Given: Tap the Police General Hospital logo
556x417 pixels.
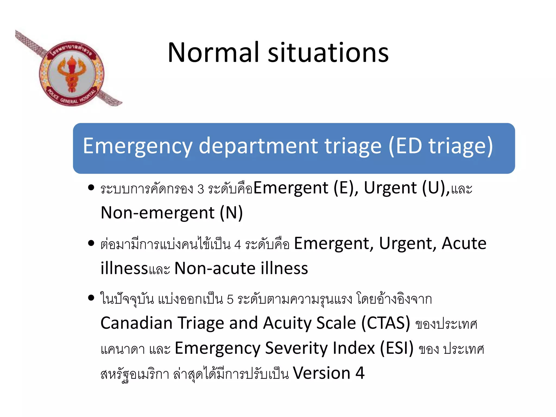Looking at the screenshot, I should point(71,73).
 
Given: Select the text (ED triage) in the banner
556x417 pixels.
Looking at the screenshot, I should point(440,147).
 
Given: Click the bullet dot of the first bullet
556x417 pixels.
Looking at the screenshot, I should point(91,188).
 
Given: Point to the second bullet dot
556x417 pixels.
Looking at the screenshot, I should point(91,243).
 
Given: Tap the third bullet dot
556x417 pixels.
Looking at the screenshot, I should point(91,298).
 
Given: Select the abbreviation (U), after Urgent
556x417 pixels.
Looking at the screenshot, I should point(435,188).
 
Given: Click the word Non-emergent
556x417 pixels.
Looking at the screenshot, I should point(157,213).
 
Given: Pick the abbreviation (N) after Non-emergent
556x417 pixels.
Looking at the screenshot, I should point(231,213).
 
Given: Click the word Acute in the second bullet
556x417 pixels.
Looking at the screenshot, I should point(464,243).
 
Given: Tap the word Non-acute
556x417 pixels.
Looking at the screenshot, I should point(215,268).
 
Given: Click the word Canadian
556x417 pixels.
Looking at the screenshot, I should point(137,323).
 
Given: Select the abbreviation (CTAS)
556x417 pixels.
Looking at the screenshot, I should point(386,323).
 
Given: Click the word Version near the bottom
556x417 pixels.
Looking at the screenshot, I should point(321,373).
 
